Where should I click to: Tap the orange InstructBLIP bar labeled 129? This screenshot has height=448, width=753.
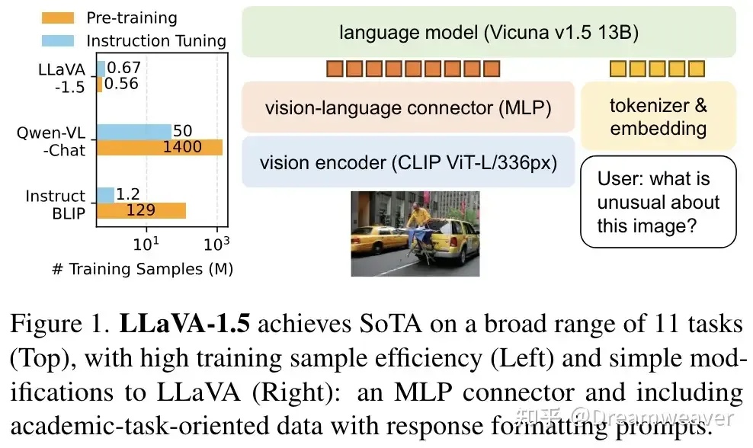click(140, 210)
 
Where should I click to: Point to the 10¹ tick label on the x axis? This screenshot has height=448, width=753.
click(148, 245)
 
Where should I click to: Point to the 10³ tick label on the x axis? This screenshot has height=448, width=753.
click(217, 245)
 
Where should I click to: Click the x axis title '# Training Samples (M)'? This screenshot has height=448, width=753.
click(143, 269)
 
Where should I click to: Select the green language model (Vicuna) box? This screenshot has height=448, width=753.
click(489, 32)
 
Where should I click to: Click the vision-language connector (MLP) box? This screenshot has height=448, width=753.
click(408, 107)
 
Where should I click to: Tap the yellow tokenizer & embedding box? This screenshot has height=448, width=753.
click(658, 116)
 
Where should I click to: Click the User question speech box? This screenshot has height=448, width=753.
click(658, 202)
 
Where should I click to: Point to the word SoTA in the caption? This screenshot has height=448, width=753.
click(389, 325)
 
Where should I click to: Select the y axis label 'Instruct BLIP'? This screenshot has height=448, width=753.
click(55, 204)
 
